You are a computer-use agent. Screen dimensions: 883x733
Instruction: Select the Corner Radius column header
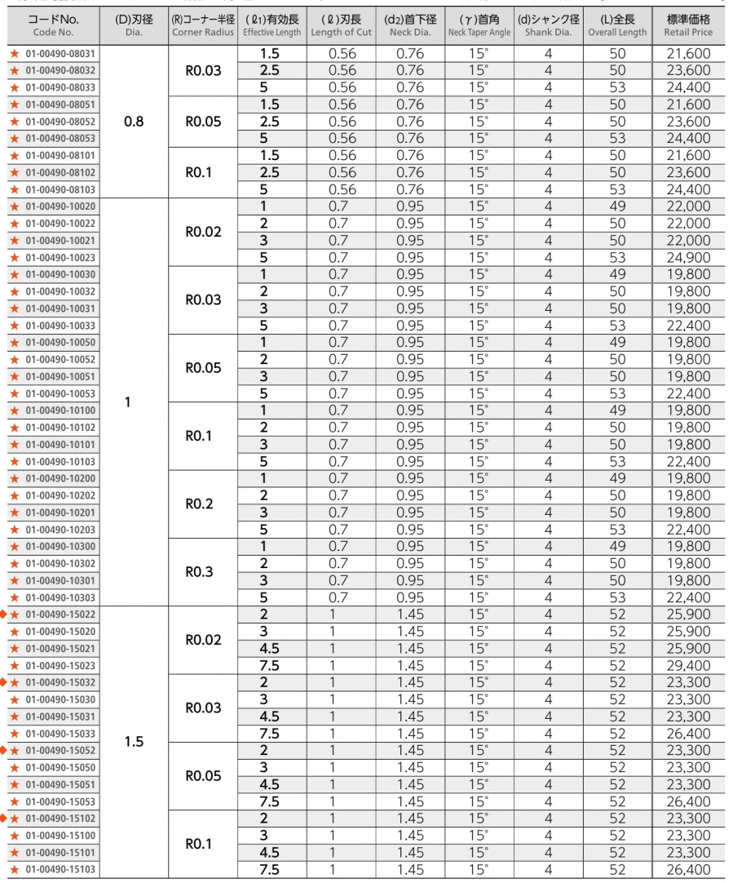point(203,26)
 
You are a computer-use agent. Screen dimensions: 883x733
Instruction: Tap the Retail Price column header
point(688,26)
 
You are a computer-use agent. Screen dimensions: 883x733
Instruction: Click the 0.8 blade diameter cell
point(134,122)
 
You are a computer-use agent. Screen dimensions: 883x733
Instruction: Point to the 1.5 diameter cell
point(134,742)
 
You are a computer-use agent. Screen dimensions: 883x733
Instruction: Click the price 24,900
point(688,257)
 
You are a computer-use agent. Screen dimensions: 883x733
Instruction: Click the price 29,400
point(688,665)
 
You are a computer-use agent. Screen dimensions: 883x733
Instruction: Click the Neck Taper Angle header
point(479,26)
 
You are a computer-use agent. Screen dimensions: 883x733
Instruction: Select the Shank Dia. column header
point(548,26)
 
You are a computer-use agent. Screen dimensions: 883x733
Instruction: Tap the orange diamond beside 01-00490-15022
point(3,614)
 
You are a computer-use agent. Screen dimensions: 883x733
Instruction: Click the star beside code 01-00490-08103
point(14,189)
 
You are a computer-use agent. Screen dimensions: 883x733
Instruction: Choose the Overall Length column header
point(617,26)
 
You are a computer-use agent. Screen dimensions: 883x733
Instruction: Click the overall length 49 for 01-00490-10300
point(617,546)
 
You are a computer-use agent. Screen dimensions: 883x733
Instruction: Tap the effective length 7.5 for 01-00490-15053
point(269,801)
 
